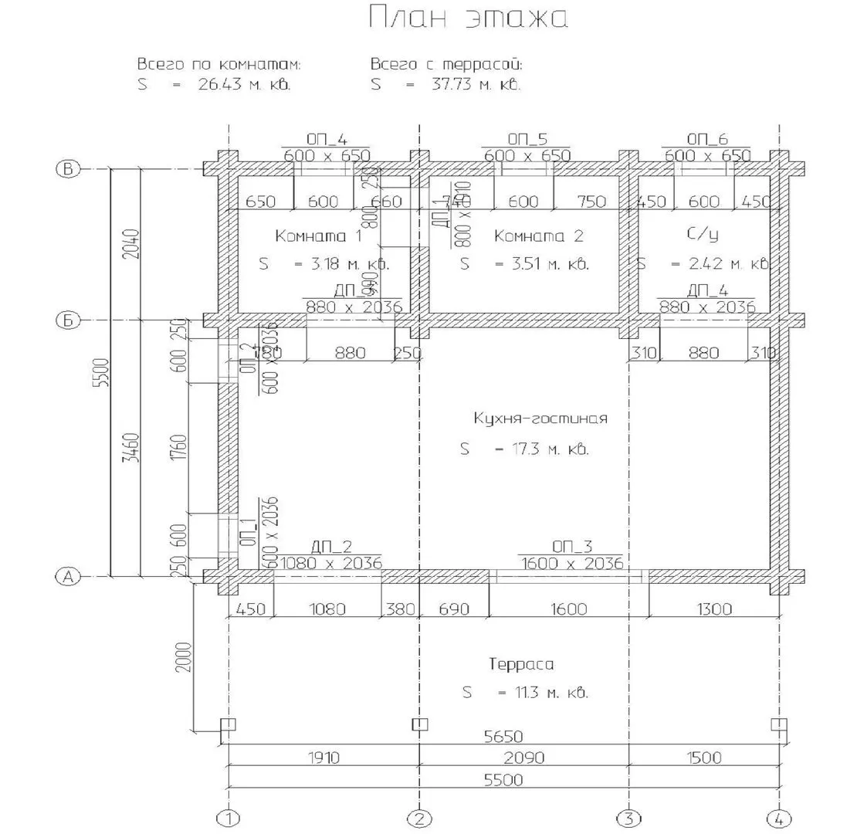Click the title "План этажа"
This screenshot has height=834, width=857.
[468, 19]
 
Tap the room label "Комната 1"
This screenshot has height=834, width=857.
[318, 236]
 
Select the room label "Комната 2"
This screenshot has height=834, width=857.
[539, 236]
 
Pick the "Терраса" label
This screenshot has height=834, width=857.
[521, 664]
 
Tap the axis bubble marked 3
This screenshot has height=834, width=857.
[629, 819]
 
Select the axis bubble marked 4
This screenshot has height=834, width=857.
[780, 819]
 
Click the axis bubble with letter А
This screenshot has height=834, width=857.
[69, 576]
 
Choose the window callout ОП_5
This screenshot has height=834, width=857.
[527, 139]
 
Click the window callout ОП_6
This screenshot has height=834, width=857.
[707, 139]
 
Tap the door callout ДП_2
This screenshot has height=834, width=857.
[332, 548]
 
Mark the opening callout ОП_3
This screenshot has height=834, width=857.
[572, 548]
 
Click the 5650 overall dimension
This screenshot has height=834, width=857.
[502, 736]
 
